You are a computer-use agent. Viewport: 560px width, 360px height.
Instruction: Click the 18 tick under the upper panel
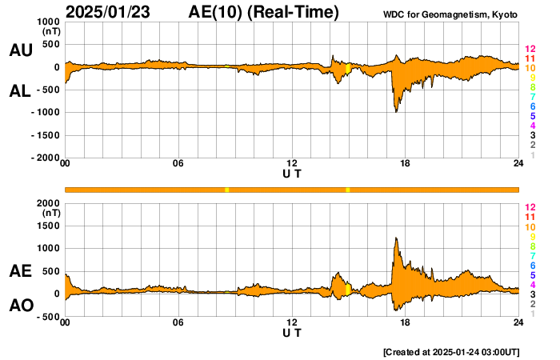point(405,164)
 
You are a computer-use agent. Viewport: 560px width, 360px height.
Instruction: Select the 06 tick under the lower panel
point(178,322)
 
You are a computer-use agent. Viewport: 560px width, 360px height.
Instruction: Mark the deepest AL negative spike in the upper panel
point(396,110)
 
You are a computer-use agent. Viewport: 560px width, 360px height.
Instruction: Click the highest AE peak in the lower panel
point(396,238)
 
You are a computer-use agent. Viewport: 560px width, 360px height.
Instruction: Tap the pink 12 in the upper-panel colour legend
point(530,49)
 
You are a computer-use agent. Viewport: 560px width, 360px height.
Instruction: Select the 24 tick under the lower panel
point(518,322)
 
